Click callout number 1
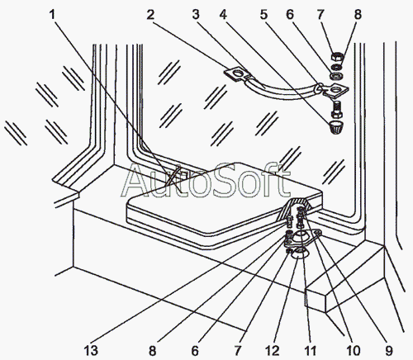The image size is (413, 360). click(52, 15)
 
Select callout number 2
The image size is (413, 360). click(150, 15)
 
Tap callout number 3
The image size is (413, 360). click(196, 15)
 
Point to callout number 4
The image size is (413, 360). click(223, 15)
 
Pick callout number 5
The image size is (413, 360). click(263, 15)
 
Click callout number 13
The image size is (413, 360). click(91, 351)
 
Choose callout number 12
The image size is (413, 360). click(273, 351)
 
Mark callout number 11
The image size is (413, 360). click(311, 351)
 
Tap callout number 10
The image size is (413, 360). click(353, 351)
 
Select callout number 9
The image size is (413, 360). click(388, 351)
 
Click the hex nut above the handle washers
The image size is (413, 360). click(337, 58)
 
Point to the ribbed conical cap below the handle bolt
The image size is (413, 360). click(335, 127)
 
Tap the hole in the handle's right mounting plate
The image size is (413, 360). click(337, 90)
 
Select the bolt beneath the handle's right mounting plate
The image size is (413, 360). click(336, 109)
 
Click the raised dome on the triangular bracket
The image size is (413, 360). click(300, 237)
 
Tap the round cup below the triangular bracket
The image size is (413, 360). click(299, 253)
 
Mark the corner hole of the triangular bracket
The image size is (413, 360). click(318, 234)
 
